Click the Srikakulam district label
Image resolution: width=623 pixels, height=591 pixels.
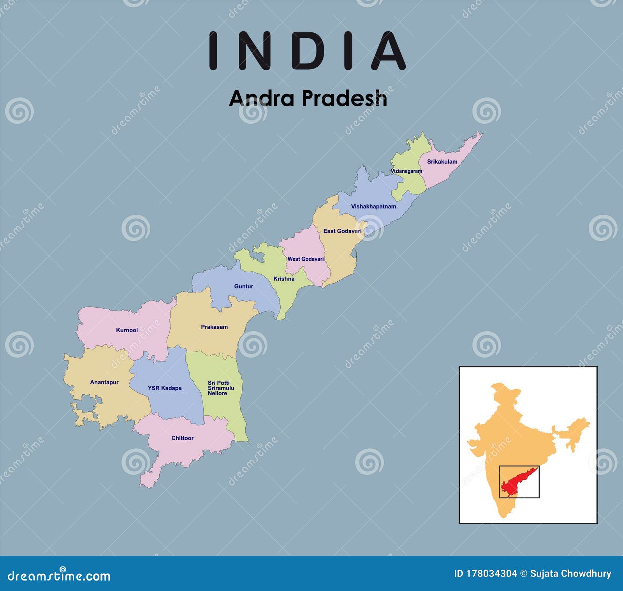click(x=442, y=162)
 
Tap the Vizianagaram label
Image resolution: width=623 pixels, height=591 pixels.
click(x=406, y=171)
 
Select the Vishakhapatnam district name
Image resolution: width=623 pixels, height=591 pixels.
click(x=373, y=206)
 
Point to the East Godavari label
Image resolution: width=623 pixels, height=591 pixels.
click(x=342, y=231)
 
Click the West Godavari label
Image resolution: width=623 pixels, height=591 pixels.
click(x=306, y=259)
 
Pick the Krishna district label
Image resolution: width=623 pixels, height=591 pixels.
click(x=284, y=279)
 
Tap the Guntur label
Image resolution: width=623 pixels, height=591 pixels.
click(x=243, y=286)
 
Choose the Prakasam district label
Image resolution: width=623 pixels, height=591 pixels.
click(x=214, y=327)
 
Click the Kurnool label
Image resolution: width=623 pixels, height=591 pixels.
click(x=127, y=330)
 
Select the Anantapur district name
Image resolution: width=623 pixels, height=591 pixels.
click(x=104, y=382)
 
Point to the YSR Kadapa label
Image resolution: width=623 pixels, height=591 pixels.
click(x=165, y=388)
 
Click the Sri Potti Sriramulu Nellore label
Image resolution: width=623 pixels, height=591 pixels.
click(x=221, y=388)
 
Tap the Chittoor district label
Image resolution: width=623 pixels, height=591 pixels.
click(x=183, y=438)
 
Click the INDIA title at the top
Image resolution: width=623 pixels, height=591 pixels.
click(x=308, y=51)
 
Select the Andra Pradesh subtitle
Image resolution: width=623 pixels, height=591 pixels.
click(x=308, y=98)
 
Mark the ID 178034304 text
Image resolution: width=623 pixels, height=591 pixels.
click(x=485, y=573)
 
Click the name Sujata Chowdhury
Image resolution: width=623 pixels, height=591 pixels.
click(x=570, y=573)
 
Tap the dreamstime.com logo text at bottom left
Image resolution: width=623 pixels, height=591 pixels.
click(x=59, y=575)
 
